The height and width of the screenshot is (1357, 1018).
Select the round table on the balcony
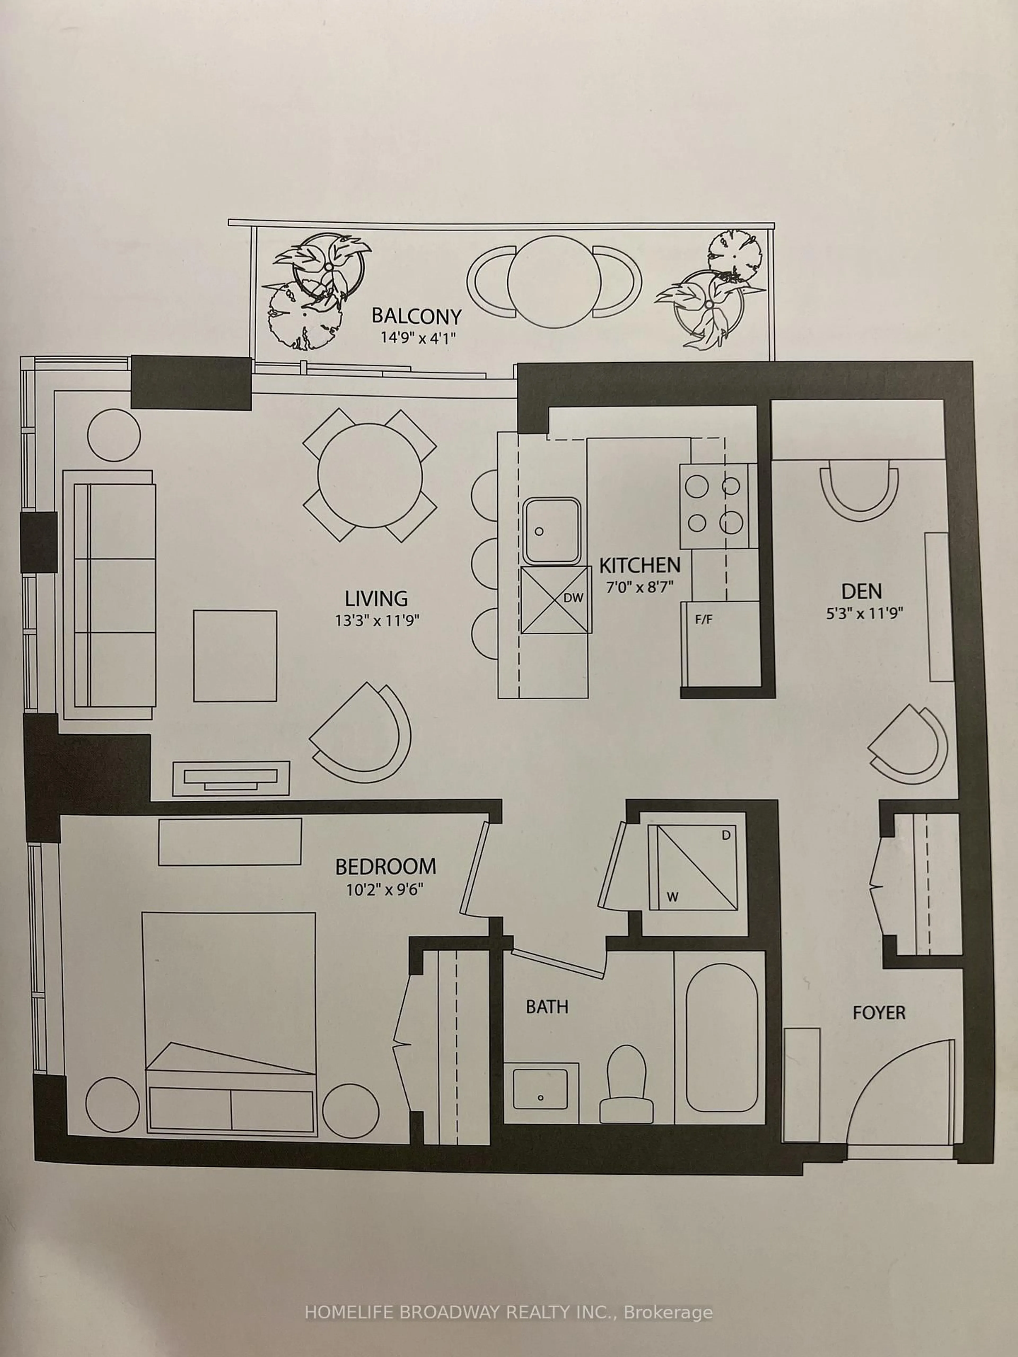point(554,281)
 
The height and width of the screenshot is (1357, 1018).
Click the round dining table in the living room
point(370,475)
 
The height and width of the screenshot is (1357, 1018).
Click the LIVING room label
point(376,598)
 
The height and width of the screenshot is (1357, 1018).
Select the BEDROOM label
point(385,866)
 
